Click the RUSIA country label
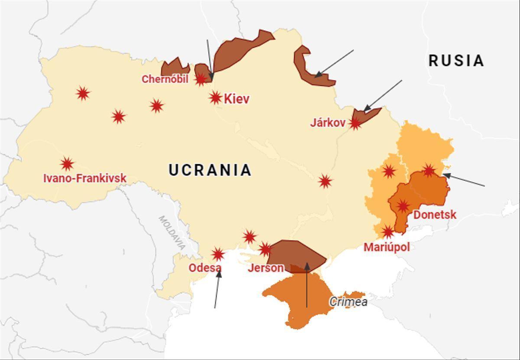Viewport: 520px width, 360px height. point(456,61)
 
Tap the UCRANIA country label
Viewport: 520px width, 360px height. point(210,170)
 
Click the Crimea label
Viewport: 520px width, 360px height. point(348,302)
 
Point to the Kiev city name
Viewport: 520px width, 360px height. point(237,99)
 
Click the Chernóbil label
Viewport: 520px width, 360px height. point(165,79)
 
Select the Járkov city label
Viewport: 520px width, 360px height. point(328,123)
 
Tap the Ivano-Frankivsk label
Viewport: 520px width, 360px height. point(85,178)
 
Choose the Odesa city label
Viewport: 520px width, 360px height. point(205,268)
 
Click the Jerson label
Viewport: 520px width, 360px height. point(266,268)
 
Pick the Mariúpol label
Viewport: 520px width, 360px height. point(387,247)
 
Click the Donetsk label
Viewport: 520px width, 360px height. point(435,214)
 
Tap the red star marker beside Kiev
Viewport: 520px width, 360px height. point(215,97)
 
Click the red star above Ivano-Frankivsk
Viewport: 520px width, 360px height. point(67,164)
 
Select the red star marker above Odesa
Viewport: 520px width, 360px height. point(218,254)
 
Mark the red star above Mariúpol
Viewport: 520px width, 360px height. point(388,232)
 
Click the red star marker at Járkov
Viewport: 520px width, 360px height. point(355,123)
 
